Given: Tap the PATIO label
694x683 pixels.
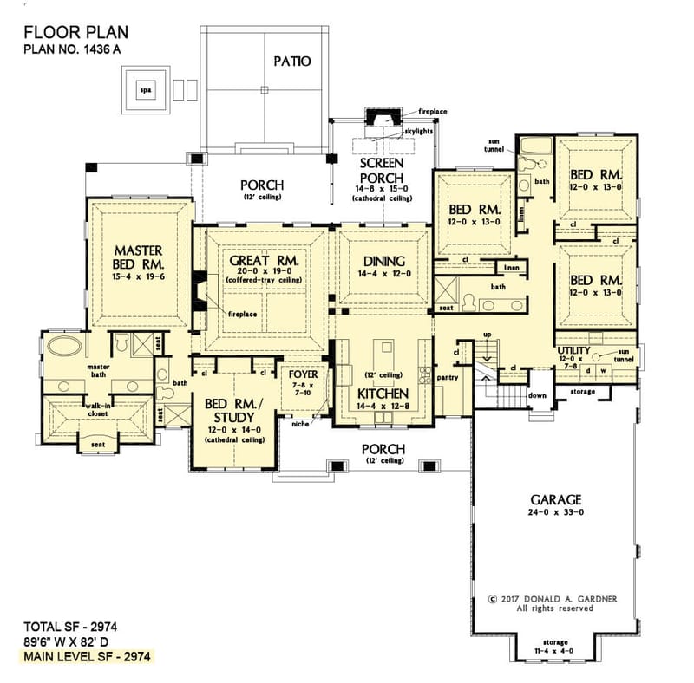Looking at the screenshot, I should point(291,62).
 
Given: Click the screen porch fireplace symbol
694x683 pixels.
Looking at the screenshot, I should point(381,119).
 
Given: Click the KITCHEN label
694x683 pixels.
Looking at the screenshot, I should point(383,392).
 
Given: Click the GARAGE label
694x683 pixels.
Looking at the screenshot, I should point(555,500).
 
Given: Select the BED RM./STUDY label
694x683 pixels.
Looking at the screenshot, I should point(230,410).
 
